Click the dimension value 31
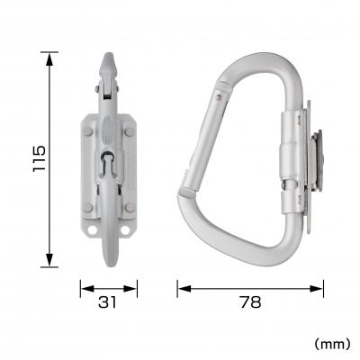[x=108, y=303]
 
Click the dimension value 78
[x=249, y=303]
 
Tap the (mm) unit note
[x=333, y=343]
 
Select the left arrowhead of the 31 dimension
[x=83, y=289]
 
